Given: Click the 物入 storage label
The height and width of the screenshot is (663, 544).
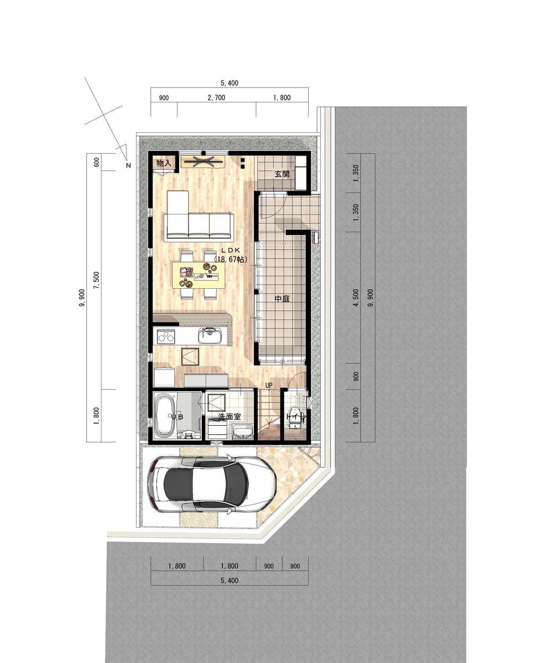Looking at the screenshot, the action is point(164,163).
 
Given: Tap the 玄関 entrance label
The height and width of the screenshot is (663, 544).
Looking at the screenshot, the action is point(282,174).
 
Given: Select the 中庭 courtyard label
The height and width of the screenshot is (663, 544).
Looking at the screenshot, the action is point(282,299).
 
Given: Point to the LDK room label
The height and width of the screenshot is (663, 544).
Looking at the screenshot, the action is point(231,250).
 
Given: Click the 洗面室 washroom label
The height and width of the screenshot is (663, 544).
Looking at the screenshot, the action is point(229,417).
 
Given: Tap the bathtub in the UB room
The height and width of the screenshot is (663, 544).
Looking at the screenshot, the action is point(166,417).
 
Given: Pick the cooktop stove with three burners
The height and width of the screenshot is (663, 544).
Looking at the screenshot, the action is point(166,336).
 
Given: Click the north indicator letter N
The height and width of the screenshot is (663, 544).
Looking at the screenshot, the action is point(128,166).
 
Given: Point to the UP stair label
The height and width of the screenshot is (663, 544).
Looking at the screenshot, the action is point(269,385).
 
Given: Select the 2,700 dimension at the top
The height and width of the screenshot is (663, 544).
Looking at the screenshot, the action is point(216,98).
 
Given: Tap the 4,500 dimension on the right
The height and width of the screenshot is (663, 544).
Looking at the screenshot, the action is point(356,298).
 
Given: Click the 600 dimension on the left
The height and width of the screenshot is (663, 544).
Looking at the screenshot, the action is point(97,162).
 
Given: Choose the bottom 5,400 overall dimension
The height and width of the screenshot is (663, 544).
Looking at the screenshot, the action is point(229,581).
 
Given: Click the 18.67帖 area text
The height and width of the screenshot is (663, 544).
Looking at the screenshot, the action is point(231,260).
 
